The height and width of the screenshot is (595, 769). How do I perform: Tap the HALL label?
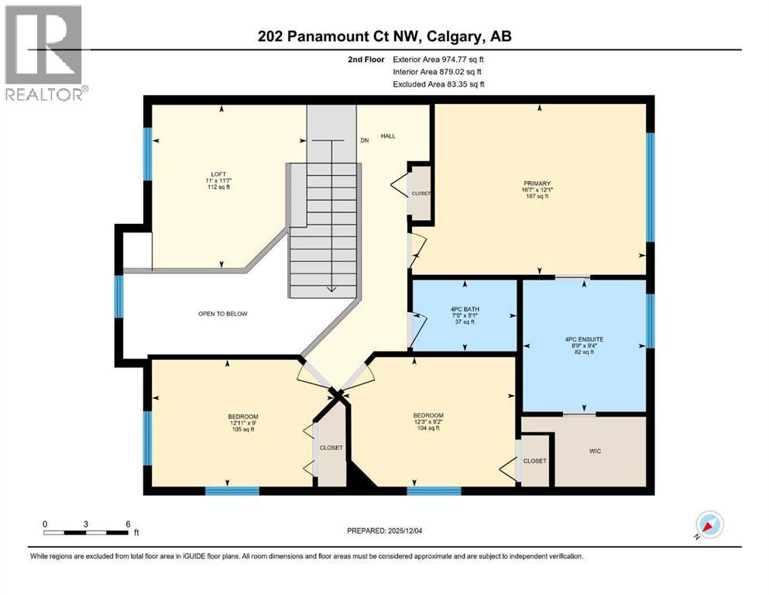388,136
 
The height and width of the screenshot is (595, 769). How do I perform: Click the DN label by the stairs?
365,141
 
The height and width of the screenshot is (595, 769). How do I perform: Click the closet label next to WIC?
534,461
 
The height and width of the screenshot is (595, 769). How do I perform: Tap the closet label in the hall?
421,193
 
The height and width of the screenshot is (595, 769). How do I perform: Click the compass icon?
709,524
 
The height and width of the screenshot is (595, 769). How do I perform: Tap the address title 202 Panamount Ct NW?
384,36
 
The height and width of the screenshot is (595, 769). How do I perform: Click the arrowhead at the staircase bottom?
331,290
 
